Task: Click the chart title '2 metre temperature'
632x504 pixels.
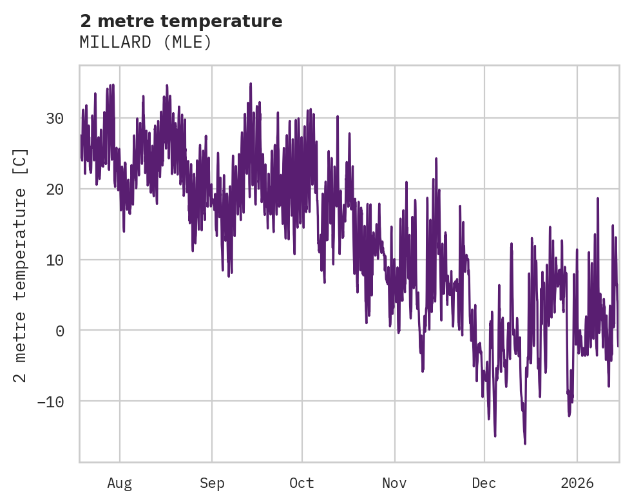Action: (181, 21)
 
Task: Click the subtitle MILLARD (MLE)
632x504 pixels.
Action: (146, 43)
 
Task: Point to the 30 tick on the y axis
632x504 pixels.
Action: (55, 119)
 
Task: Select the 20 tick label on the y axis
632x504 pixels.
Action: (55, 189)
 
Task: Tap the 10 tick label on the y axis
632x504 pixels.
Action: (55, 260)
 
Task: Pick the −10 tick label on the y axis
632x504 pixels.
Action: (50, 402)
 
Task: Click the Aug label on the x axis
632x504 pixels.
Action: (120, 483)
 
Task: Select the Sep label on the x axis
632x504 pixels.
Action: (211, 483)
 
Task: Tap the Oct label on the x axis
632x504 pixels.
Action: (302, 483)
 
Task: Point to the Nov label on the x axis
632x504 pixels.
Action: (394, 483)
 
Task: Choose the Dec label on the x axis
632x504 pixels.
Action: (484, 483)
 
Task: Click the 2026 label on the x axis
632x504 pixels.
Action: (577, 483)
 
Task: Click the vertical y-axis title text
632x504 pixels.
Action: (21, 265)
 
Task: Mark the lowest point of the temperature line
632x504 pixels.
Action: (525, 443)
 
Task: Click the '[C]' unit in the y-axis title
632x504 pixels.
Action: (21, 161)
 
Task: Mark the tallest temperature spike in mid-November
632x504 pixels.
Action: (436, 158)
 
